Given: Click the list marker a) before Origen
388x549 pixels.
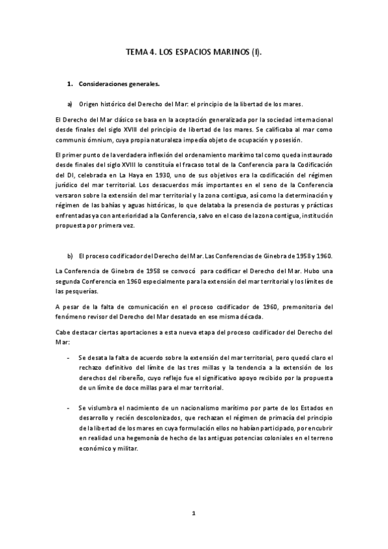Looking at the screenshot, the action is point(69,104).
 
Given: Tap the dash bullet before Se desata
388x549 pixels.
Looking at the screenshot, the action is point(69,357).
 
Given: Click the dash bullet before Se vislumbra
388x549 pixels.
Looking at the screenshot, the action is point(69,408).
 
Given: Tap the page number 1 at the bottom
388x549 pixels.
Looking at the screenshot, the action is point(193,513).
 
